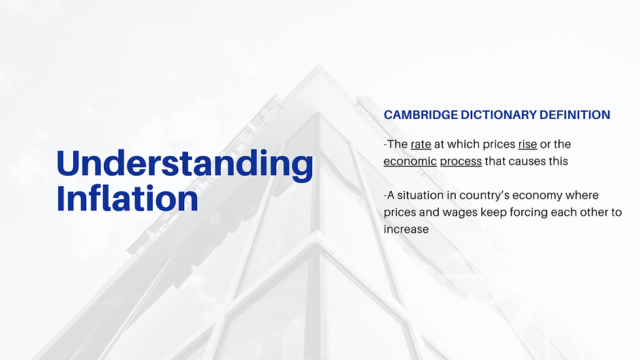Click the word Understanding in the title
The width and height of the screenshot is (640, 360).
(x=185, y=165)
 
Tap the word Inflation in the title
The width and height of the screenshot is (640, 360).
(x=127, y=198)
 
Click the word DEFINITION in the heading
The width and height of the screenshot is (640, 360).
(x=574, y=115)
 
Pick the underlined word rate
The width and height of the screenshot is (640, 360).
(x=421, y=144)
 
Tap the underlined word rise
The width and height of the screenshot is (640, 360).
(x=527, y=144)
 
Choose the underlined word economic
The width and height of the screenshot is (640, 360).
(x=410, y=161)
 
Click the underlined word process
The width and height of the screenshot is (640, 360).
(x=460, y=161)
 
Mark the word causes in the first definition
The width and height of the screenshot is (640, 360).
(x=528, y=161)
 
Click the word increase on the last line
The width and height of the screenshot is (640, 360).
(x=406, y=230)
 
